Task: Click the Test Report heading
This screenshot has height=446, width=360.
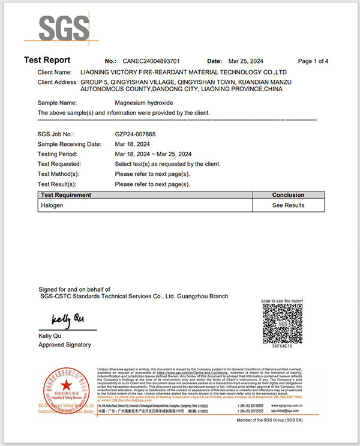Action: point(47,60)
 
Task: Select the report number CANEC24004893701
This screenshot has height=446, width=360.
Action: point(151,61)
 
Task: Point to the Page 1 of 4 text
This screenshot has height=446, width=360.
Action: point(313,61)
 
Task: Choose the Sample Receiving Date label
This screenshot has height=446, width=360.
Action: point(69,144)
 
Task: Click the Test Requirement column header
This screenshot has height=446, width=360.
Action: point(66,195)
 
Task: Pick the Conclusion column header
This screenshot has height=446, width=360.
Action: point(288,195)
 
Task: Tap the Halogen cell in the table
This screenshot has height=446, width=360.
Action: point(52,205)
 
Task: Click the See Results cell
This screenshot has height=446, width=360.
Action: point(288,205)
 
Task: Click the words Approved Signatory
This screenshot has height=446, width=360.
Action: point(65,345)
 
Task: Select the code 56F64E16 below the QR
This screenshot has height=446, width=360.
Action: point(282,347)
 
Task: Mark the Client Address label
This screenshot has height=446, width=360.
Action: point(57,82)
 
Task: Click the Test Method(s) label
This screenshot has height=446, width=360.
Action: point(58,174)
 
